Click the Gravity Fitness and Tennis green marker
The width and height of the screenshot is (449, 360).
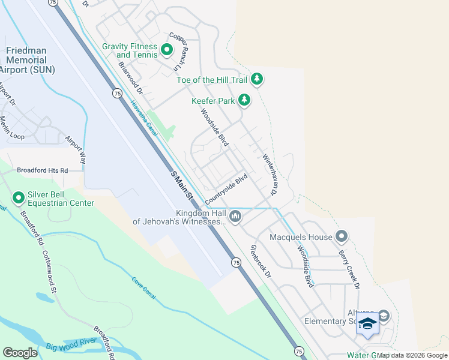(x=166, y=48)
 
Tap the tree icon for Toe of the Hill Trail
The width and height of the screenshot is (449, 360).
(x=257, y=79)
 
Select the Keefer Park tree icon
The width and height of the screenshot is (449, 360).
(x=244, y=100)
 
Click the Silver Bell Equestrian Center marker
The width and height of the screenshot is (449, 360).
(x=19, y=197)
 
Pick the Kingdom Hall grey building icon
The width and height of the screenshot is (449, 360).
(x=235, y=216)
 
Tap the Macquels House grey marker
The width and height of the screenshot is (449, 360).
(x=342, y=236)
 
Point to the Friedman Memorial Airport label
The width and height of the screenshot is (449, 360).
(x=29, y=61)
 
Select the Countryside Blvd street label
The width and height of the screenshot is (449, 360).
(x=226, y=189)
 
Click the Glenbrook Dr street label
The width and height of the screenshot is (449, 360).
(x=261, y=261)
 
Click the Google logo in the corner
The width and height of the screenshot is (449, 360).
(x=20, y=352)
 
